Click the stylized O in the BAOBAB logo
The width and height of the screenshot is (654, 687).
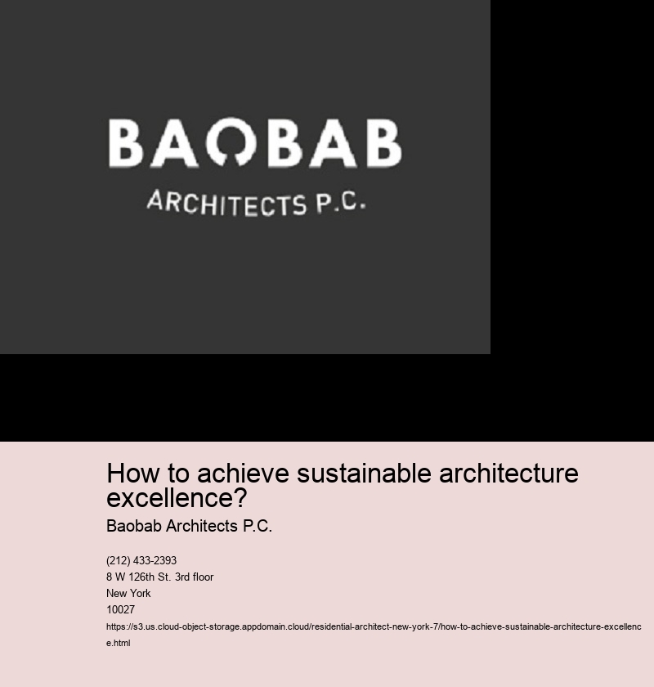pyautogui.click(x=231, y=132)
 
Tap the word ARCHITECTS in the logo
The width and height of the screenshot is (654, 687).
pyautogui.click(x=227, y=204)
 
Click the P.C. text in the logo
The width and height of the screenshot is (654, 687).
pyautogui.click(x=341, y=203)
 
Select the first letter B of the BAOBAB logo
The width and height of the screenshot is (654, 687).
pyautogui.click(x=126, y=143)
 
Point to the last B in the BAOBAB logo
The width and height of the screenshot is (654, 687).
pyautogui.click(x=384, y=143)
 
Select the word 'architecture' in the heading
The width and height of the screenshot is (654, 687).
pyautogui.click(x=508, y=474)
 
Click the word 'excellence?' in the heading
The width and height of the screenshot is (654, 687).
pyautogui.click(x=177, y=498)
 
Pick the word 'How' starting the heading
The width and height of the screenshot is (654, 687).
pyautogui.click(x=133, y=474)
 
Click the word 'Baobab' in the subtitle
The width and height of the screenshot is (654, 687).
pyautogui.click(x=134, y=526)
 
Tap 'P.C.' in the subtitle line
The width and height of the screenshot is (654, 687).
pyautogui.click(x=258, y=526)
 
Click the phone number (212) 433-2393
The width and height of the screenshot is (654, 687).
pyautogui.click(x=141, y=560)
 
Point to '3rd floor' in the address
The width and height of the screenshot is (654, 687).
pyautogui.click(x=194, y=577)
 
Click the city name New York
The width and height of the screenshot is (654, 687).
pyautogui.click(x=128, y=593)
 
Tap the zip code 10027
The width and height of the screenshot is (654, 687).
pyautogui.click(x=120, y=609)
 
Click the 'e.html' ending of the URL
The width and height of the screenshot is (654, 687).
pyautogui.click(x=119, y=643)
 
